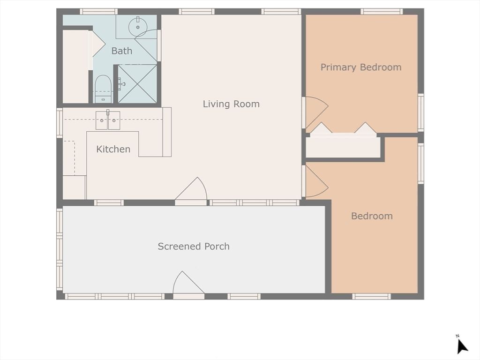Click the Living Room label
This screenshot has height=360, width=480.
click(231, 104)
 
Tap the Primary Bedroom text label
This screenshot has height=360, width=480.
click(361, 67)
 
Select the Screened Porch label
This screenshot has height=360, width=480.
click(194, 246)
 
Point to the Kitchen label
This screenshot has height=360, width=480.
click(113, 149)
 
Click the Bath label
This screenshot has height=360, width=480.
click(121, 51)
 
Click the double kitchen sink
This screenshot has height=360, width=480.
click(108, 120)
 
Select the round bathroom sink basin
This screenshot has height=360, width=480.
click(138, 27)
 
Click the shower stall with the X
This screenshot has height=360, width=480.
click(137, 83)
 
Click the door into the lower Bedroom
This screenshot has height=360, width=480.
click(315, 181)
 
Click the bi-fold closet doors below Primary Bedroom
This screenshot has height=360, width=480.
click(344, 130)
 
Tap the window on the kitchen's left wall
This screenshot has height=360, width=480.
click(60, 123)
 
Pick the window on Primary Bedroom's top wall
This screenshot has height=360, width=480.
click(381, 11)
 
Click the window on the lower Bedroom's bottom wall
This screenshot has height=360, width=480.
click(371, 296)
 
